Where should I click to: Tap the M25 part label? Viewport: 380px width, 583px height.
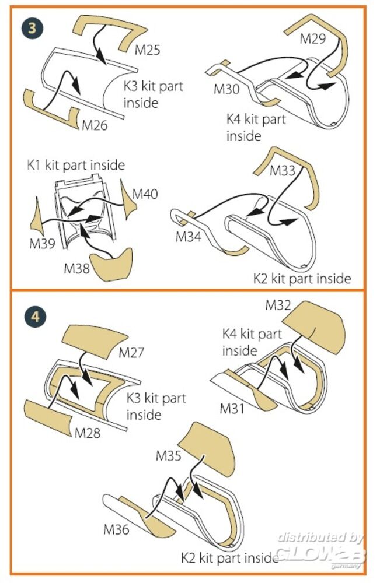148,50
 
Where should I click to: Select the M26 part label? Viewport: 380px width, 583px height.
95,125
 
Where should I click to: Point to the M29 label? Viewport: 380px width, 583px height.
313,38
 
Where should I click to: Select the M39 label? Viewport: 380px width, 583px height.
42,243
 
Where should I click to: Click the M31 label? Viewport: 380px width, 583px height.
233,409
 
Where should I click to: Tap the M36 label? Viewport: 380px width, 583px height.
117,529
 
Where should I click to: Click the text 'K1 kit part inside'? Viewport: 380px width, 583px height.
76,165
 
